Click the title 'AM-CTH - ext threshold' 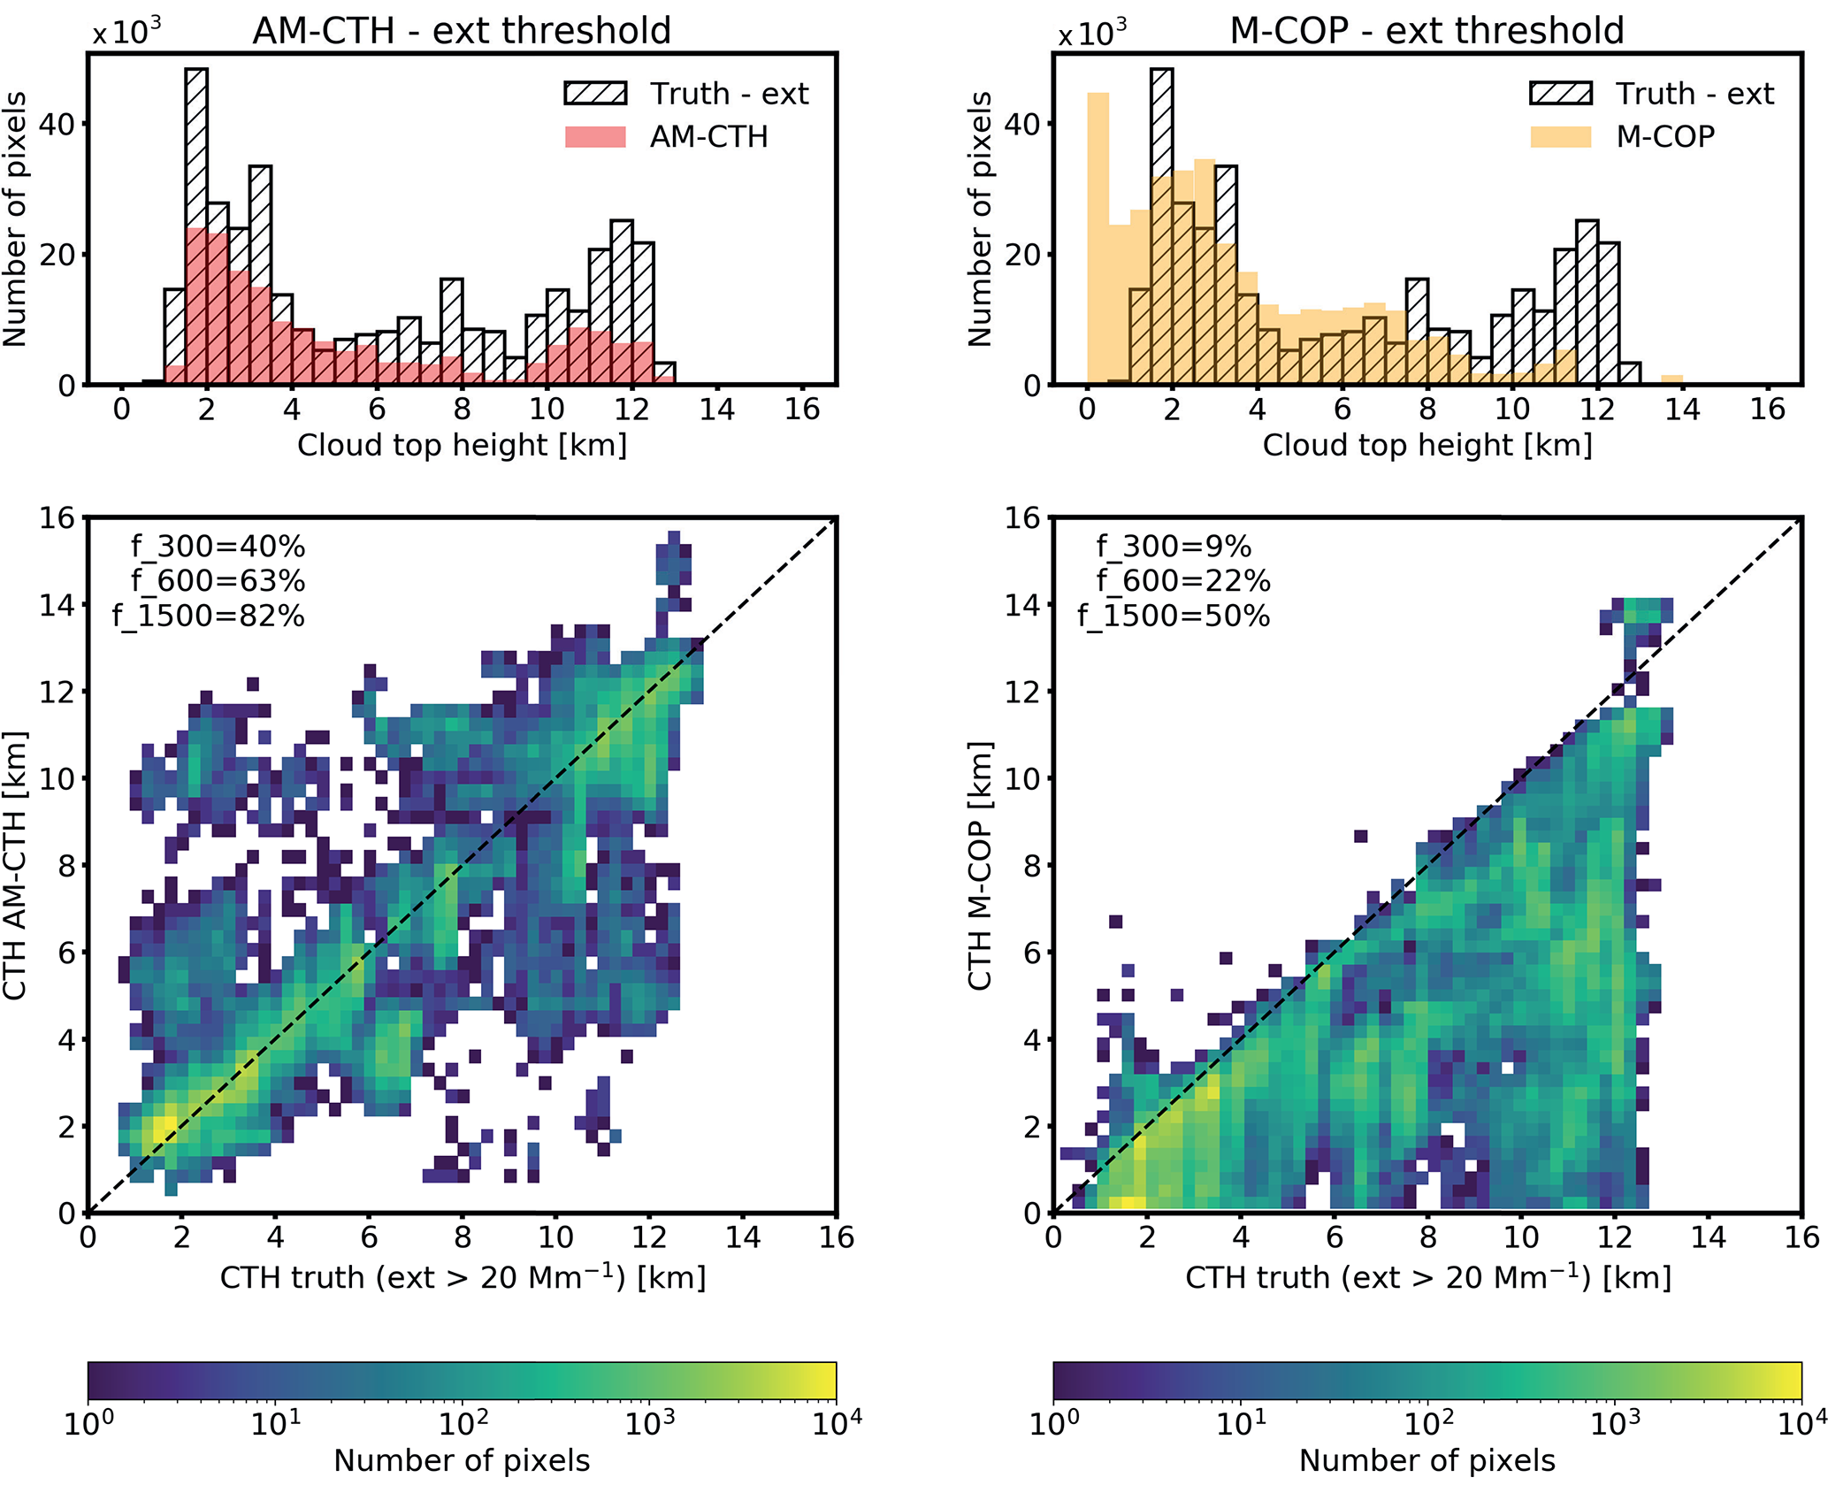click(462, 31)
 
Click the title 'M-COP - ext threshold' click(1426, 31)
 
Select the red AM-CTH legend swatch click(595, 137)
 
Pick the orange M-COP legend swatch click(1560, 137)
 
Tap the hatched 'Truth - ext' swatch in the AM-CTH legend click(595, 94)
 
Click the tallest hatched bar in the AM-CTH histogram click(196, 221)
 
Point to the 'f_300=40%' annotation click(218, 547)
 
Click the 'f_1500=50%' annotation click(1174, 616)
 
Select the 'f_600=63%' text click(218, 581)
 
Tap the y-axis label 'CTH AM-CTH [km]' click(15, 865)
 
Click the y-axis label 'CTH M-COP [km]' click(979, 865)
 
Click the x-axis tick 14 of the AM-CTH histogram click(717, 410)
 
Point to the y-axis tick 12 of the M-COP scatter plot click(1022, 691)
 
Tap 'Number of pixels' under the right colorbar click(1426, 1460)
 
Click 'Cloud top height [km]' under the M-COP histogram click(1426, 445)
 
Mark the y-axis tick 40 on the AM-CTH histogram click(57, 124)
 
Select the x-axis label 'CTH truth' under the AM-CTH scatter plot click(462, 1277)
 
